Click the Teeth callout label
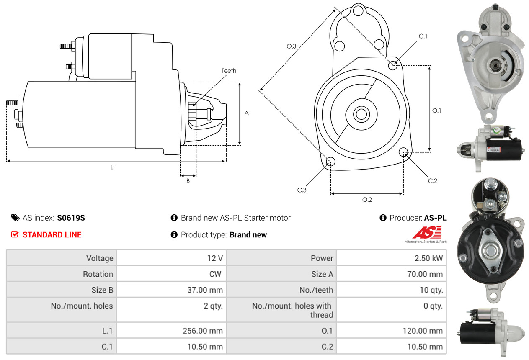[229, 71]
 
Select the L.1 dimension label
[114, 167]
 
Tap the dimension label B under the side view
[188, 181]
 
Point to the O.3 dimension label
[292, 46]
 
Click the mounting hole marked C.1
[393, 65]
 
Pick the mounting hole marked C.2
[404, 152]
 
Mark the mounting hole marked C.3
[330, 162]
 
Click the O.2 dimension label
[367, 200]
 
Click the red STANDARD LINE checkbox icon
[15, 235]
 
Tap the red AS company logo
[427, 233]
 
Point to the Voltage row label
[100, 258]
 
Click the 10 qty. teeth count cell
[431, 290]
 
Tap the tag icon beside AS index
[15, 218]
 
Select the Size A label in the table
[322, 274]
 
